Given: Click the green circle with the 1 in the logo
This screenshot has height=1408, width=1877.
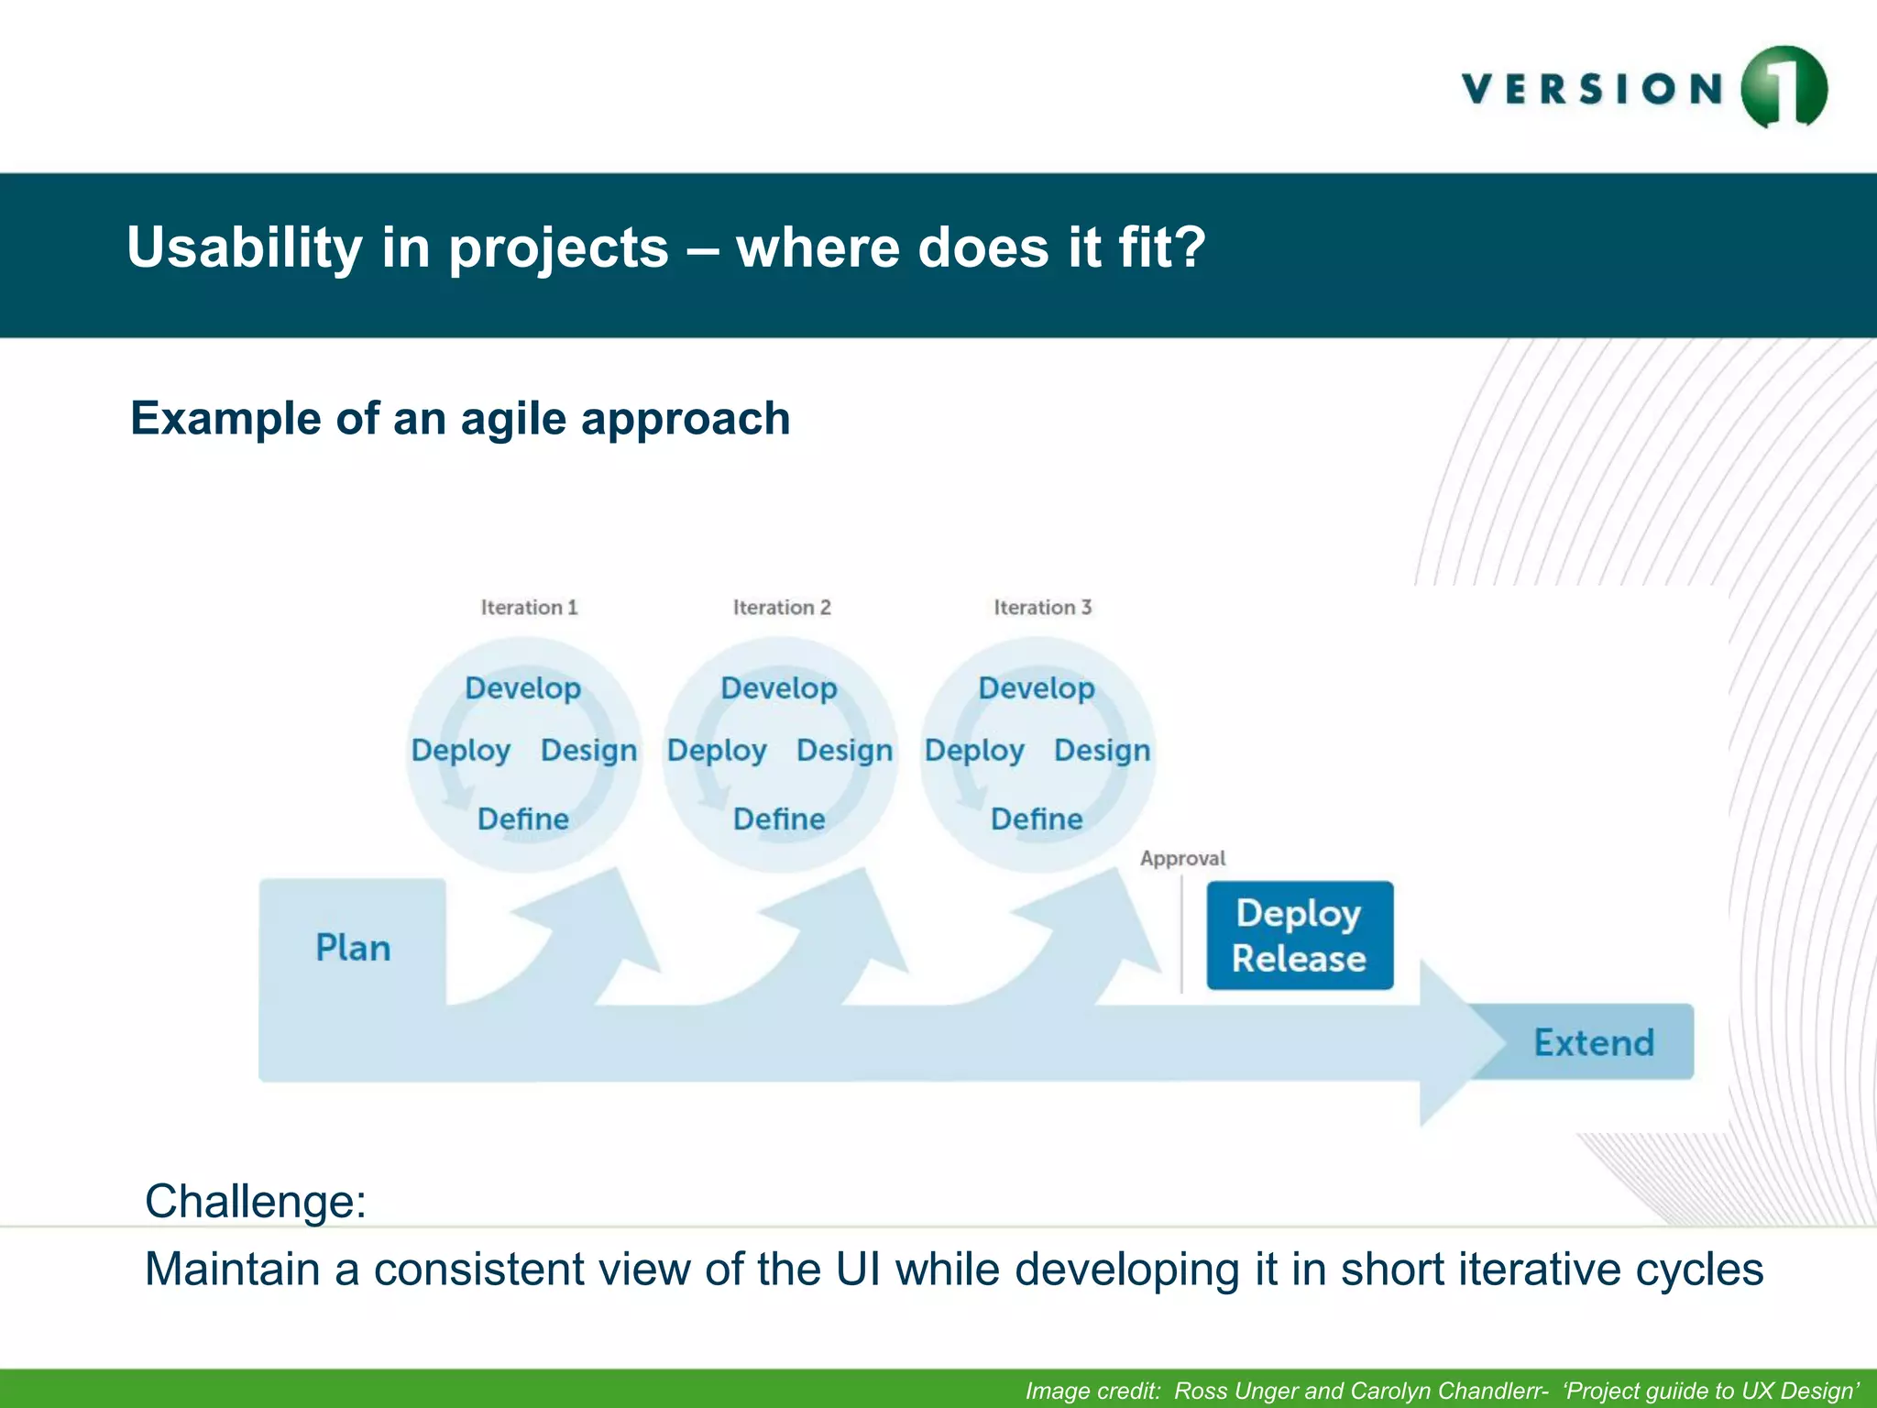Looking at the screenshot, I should pos(1784,87).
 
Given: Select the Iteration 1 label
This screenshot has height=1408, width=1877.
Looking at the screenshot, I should pos(529,607).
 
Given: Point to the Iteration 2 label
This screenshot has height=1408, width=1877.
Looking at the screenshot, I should pos(782,607).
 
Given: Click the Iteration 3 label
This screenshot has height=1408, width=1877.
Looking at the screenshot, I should pos(1042,607).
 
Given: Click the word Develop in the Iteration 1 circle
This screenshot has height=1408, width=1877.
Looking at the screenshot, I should pos(522,687).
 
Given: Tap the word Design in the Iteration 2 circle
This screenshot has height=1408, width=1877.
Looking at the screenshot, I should pos(844,750).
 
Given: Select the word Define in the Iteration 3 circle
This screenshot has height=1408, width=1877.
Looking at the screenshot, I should pos(1037,819).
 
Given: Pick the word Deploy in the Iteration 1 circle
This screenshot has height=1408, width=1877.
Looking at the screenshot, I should pos(460,750).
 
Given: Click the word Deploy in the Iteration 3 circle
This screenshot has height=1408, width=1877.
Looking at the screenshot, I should pos(973,750).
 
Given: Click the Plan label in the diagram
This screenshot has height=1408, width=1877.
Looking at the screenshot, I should pos(353,948).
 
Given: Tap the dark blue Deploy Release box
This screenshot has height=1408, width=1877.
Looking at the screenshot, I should pos(1299,935).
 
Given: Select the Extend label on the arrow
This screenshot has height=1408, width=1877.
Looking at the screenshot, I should pos(1594,1042).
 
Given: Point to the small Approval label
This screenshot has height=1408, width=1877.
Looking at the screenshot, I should pos(1182,858).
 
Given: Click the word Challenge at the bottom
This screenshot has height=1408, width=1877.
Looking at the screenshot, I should pos(255,1201).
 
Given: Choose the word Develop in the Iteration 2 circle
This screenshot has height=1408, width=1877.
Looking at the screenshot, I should pos(778,687).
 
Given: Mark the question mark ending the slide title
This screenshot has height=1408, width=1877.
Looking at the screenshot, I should pos(1189,247).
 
